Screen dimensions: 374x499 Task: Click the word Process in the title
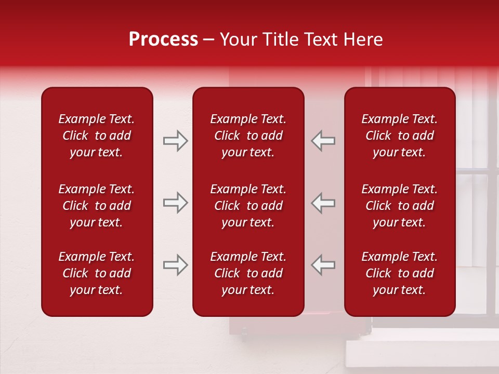[x=163, y=39]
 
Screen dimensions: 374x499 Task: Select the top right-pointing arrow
[x=175, y=141]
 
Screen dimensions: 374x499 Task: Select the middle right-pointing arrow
[x=175, y=203]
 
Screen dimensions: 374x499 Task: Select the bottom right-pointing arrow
[x=175, y=265]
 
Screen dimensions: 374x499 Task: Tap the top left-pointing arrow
[x=323, y=141]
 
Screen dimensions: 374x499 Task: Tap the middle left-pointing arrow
[x=323, y=203]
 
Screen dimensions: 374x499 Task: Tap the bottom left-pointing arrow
[x=323, y=265]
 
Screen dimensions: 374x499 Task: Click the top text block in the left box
[x=97, y=136]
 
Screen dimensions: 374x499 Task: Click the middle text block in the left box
[x=97, y=206]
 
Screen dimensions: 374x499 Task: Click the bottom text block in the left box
[x=97, y=273]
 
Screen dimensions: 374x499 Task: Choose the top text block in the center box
[x=248, y=136]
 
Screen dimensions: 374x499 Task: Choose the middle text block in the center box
[x=248, y=206]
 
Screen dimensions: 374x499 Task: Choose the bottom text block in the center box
[x=248, y=273]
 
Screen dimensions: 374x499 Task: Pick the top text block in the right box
[x=399, y=136]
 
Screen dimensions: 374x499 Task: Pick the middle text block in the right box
[x=399, y=206]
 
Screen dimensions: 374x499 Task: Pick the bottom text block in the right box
[x=399, y=273]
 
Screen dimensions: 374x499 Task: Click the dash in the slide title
[x=208, y=40]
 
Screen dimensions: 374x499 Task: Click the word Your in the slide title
[x=237, y=39]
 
